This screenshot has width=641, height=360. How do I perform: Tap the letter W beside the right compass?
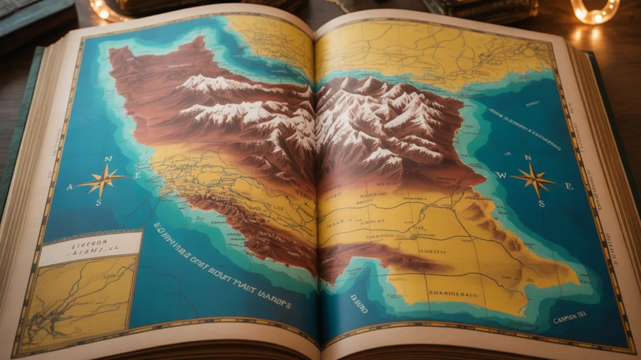pos(502,175)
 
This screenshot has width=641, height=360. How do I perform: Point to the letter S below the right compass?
pos(541,204)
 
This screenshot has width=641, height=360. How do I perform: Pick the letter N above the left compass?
pos(109,159)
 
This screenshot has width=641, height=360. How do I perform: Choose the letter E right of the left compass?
pos(137,175)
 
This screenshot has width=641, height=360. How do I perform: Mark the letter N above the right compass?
pos(527,158)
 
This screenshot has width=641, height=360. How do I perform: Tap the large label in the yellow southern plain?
pos(453,294)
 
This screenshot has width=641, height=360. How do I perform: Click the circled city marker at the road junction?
pos(413,237)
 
